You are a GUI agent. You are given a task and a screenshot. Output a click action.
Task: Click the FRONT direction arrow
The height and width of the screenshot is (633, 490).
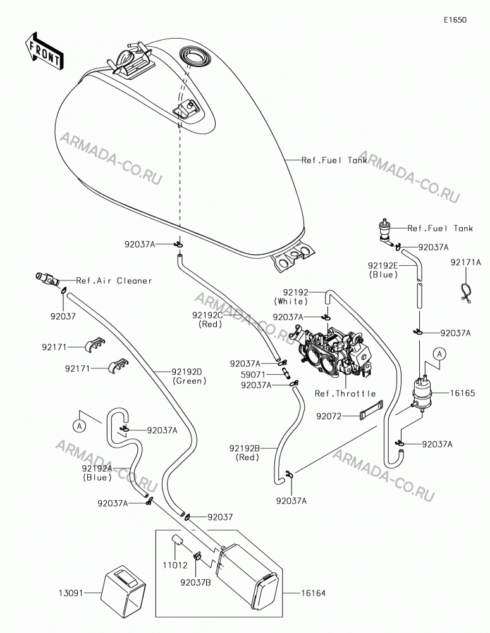click(44, 50)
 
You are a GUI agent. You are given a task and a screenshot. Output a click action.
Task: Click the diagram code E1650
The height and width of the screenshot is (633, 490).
click(455, 20)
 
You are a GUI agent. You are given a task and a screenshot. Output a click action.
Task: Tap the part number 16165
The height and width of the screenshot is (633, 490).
click(463, 393)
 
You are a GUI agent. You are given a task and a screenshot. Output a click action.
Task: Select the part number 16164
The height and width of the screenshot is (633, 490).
click(314, 593)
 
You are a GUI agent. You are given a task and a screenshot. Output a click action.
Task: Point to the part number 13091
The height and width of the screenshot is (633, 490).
click(71, 593)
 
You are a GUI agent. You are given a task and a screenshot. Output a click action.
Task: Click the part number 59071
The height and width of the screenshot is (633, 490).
click(253, 375)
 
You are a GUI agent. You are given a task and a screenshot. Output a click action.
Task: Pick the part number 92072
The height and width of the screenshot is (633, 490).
click(329, 416)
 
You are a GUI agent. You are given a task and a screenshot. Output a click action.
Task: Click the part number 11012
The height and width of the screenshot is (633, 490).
click(175, 565)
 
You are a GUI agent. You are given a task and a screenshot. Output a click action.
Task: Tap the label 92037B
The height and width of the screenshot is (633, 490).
click(195, 582)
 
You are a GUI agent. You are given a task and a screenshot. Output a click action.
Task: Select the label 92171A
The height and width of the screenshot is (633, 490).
click(466, 263)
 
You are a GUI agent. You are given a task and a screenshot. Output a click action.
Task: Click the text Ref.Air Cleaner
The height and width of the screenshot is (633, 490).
click(114, 280)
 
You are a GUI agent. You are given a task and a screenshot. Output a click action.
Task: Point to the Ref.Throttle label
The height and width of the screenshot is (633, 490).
click(345, 394)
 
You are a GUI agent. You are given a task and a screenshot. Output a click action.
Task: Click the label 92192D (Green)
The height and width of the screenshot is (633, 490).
click(188, 376)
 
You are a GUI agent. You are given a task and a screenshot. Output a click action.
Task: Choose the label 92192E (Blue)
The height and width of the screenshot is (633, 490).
click(383, 270)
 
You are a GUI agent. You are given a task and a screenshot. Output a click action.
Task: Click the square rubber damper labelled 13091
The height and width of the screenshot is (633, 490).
click(123, 590)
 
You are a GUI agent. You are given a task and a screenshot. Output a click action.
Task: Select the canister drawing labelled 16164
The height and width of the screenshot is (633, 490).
click(247, 575)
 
